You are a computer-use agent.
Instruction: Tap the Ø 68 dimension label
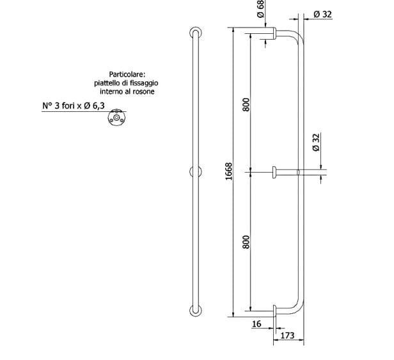[260, 9]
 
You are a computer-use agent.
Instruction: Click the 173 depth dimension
[287, 334]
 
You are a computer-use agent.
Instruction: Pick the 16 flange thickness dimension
[257, 324]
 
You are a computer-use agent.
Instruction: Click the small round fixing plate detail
[117, 118]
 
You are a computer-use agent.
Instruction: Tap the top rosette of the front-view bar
[195, 33]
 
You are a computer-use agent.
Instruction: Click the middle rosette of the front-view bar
[195, 171]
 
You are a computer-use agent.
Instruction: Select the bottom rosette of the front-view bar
[195, 309]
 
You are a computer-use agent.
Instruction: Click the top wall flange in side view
[274, 33]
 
